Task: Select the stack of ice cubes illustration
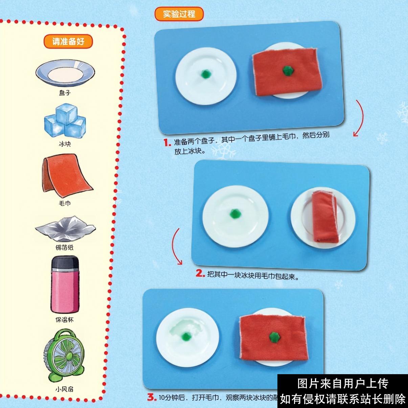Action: pyautogui.click(x=65, y=122)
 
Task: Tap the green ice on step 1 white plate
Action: pyautogui.click(x=205, y=74)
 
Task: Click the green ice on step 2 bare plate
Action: pyautogui.click(x=234, y=214)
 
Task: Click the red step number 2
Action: pyautogui.click(x=201, y=273)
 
